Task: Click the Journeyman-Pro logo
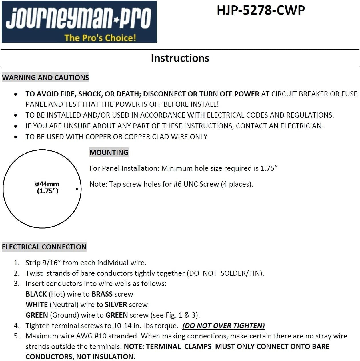click(79, 22)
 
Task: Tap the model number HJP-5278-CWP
click(261, 11)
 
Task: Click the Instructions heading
click(180, 58)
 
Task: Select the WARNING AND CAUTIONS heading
click(45, 78)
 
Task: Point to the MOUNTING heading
click(109, 152)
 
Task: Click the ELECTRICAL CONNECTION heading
click(44, 247)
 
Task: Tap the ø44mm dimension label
click(47, 184)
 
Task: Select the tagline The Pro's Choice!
click(100, 38)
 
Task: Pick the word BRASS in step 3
click(102, 294)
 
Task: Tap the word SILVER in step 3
click(116, 305)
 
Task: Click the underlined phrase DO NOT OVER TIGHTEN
click(223, 326)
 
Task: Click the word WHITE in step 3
click(37, 305)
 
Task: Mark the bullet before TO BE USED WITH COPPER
click(15, 137)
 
